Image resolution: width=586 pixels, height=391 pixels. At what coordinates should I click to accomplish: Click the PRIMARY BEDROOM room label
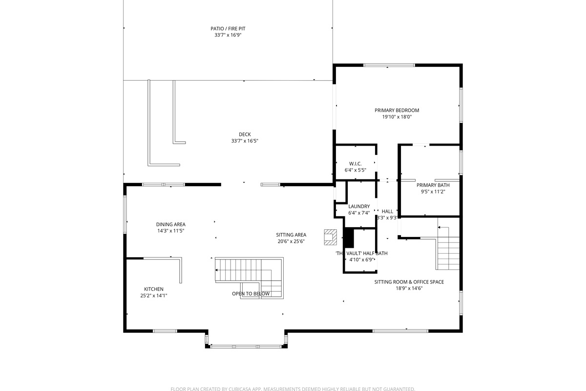click(x=397, y=110)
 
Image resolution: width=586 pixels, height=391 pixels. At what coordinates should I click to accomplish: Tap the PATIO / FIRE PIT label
click(x=228, y=29)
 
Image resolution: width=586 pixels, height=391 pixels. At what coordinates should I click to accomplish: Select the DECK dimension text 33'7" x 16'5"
click(x=245, y=141)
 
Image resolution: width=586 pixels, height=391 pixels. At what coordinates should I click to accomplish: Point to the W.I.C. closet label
click(x=355, y=164)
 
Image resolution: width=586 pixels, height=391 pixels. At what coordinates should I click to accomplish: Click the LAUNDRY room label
click(x=359, y=206)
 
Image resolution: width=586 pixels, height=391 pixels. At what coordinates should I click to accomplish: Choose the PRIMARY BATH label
click(x=433, y=185)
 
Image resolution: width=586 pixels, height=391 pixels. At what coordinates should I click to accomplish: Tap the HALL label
click(x=387, y=212)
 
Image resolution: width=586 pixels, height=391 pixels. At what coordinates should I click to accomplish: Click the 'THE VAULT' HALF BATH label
click(x=361, y=253)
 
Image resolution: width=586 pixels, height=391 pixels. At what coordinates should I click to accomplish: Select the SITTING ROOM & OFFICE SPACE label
click(x=409, y=282)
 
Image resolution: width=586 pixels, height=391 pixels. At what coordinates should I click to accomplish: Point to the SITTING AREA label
click(x=292, y=235)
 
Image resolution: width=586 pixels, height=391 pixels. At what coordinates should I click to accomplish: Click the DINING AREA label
click(x=170, y=224)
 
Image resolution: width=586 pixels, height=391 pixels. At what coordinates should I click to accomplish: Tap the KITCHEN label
click(x=154, y=289)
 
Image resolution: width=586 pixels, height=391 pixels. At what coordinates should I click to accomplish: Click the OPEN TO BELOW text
click(x=251, y=294)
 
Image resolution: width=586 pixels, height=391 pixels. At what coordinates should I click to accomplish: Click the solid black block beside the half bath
click(x=349, y=238)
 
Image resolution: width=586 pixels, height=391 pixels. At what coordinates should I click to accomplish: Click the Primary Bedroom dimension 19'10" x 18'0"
click(x=397, y=117)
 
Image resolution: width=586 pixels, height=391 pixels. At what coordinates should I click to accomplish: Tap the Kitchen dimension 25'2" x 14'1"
click(x=154, y=296)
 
